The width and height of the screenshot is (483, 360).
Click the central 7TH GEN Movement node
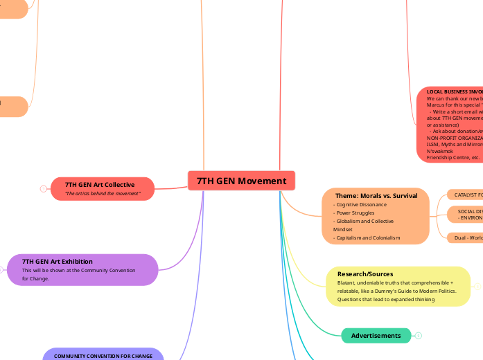241,181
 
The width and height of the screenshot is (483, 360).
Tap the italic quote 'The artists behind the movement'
102,194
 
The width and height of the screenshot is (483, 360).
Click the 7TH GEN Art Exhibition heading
58,261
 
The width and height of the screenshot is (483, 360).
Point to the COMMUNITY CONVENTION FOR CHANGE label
103,356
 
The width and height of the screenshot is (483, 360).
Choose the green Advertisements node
376,336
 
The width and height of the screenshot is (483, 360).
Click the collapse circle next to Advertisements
419,336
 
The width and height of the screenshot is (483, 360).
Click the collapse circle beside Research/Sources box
477,286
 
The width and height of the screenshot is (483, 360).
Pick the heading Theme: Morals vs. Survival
376,196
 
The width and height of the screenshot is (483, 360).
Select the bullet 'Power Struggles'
354,213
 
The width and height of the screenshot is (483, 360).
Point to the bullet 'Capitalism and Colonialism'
367,237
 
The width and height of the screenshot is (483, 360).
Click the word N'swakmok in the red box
440,150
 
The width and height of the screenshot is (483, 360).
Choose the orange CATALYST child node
464,195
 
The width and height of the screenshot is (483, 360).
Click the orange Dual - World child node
464,237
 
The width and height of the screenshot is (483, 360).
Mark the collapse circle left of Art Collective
44,189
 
